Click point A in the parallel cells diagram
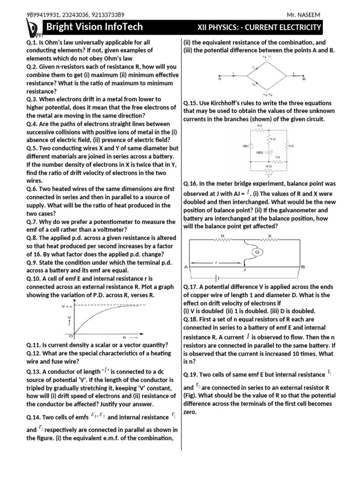tap(219, 79)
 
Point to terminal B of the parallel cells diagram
tap(304, 79)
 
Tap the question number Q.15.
tap(192, 103)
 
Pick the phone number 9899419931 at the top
tap(42, 15)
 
